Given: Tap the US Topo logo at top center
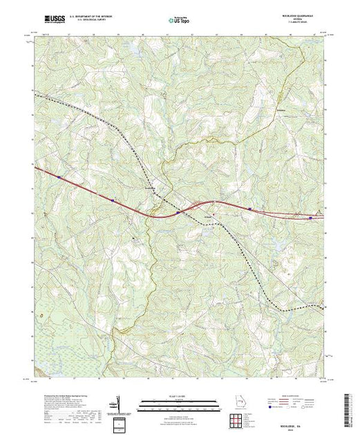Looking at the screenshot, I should click(180, 22).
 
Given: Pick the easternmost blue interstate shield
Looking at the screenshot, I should click(310, 217).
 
